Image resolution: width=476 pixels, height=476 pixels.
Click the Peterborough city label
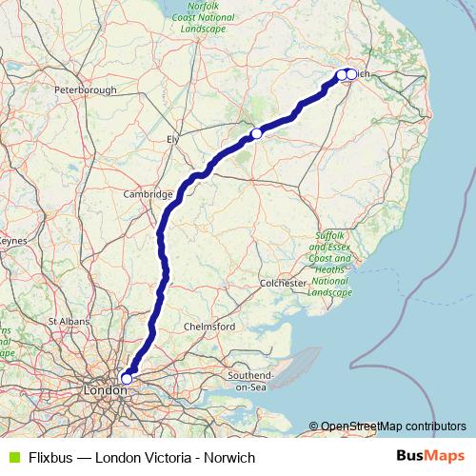point(85,90)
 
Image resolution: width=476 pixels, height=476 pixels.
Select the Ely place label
point(173,139)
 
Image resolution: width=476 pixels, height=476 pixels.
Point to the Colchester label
point(284,284)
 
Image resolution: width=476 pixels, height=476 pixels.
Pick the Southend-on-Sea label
point(252,382)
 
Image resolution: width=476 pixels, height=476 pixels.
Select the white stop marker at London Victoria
point(127,379)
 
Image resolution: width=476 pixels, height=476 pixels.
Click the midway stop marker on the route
point(256,134)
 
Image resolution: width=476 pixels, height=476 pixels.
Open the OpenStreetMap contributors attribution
point(392,426)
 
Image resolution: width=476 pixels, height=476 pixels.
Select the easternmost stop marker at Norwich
point(351,74)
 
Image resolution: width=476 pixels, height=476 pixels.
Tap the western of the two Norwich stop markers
point(342,74)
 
